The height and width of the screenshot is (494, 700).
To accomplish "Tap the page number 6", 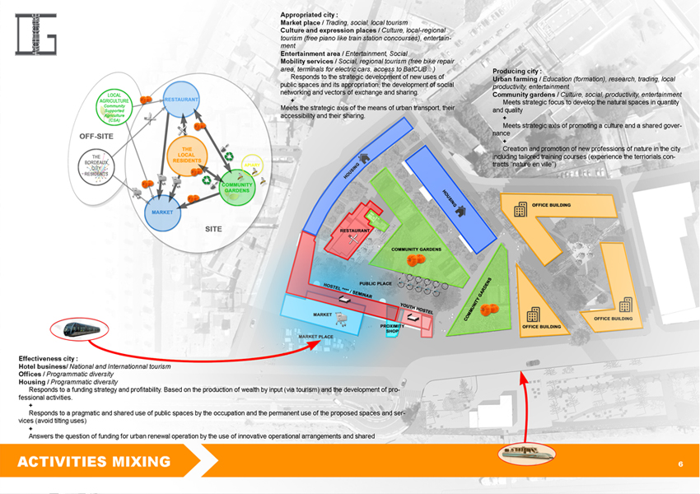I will pos(680,464).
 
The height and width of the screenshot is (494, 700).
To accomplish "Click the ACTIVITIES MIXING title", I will pos(94,462).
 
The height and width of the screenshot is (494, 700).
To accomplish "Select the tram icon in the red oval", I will pos(80,330).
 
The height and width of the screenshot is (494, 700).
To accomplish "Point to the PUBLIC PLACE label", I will pos(376,283).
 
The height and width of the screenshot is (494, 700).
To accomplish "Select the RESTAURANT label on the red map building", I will pos(355,231).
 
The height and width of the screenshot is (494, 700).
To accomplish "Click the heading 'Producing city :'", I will pos(517,72).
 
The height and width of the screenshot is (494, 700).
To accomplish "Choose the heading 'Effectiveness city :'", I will pos(49,359).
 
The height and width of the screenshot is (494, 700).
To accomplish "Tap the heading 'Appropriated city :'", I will pos(307,15).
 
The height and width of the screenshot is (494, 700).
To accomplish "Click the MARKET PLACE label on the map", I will pos(315,337).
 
